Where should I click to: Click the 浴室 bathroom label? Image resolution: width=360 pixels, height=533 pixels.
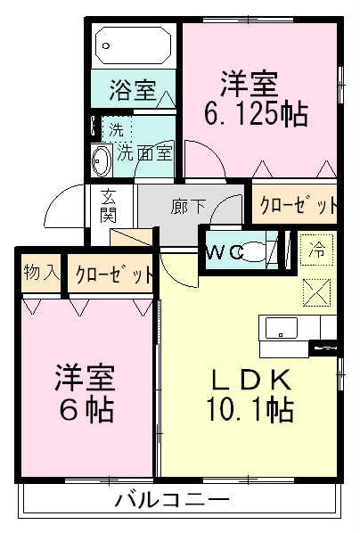(134, 91)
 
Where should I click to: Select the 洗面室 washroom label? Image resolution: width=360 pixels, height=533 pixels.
(146, 152)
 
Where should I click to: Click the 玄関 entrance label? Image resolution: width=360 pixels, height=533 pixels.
(109, 206)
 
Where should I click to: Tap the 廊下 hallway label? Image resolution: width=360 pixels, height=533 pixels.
(189, 207)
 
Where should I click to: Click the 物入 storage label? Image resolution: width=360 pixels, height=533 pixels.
(41, 272)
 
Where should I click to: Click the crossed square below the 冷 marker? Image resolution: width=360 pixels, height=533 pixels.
(316, 291)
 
